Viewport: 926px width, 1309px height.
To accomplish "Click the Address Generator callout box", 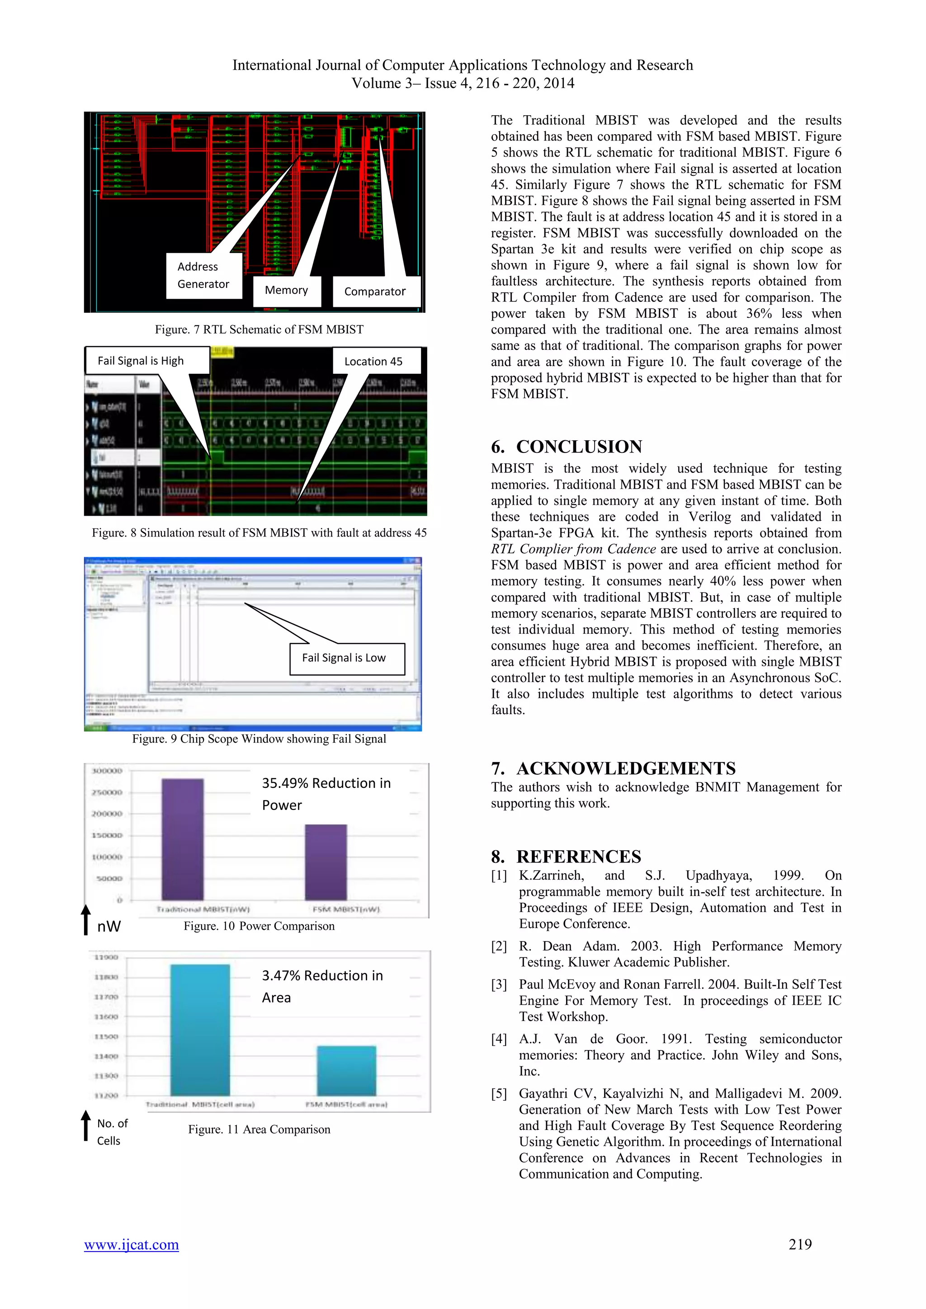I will (203, 275).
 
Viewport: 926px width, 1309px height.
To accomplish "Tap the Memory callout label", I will (286, 291).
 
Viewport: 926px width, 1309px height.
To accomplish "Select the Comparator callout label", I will (375, 292).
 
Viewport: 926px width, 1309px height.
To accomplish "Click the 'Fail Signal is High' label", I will (141, 361).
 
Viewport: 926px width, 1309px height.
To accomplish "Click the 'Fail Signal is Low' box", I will (345, 658).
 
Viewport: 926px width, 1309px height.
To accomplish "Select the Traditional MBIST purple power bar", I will (183, 839).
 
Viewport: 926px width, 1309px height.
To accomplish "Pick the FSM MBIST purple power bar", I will (326, 862).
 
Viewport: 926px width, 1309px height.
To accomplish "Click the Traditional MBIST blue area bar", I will (200, 1029).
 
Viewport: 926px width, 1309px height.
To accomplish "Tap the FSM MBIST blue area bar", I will (346, 1070).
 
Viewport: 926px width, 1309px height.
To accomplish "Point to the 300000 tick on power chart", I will (107, 771).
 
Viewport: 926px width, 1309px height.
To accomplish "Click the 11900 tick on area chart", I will (107, 957).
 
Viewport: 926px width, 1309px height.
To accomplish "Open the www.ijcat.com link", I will (132, 1244).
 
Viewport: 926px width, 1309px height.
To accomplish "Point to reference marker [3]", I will (499, 984).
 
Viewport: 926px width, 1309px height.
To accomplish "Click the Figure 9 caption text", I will (259, 739).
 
